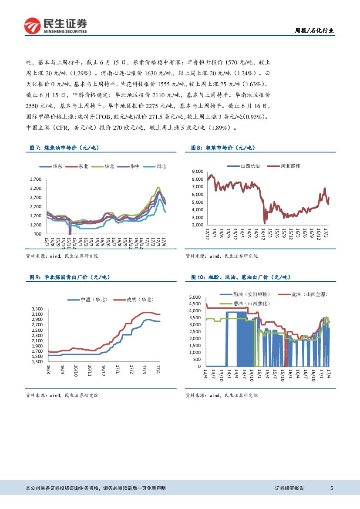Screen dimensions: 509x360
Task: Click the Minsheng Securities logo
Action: click(55, 26)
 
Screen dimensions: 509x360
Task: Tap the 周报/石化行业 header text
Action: click(314, 30)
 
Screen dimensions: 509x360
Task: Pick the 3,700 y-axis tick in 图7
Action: click(36, 179)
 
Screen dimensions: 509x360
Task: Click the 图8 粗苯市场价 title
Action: click(222, 148)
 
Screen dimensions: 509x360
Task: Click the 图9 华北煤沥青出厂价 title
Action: click(70, 277)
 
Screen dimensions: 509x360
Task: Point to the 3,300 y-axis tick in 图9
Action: click(37, 309)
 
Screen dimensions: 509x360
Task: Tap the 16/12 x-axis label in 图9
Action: click(103, 371)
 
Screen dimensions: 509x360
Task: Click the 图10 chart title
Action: click(241, 277)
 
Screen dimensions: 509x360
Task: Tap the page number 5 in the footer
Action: click(332, 488)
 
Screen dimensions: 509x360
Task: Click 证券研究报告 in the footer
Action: click(289, 488)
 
